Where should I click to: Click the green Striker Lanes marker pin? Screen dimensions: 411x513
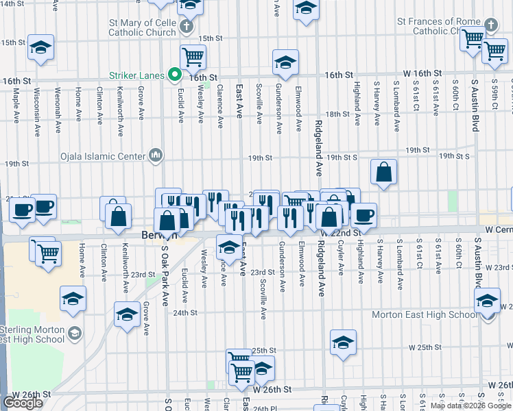176,75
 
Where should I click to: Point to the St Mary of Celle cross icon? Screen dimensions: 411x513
186,28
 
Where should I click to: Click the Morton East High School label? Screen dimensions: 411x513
424,314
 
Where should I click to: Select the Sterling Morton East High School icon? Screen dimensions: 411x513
75,334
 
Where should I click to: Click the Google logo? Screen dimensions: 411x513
23,402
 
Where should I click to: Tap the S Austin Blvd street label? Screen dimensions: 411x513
474,103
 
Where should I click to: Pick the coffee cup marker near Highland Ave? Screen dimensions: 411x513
363,214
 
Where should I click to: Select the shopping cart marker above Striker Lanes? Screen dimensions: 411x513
193,57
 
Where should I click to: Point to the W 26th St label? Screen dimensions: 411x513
272,388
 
